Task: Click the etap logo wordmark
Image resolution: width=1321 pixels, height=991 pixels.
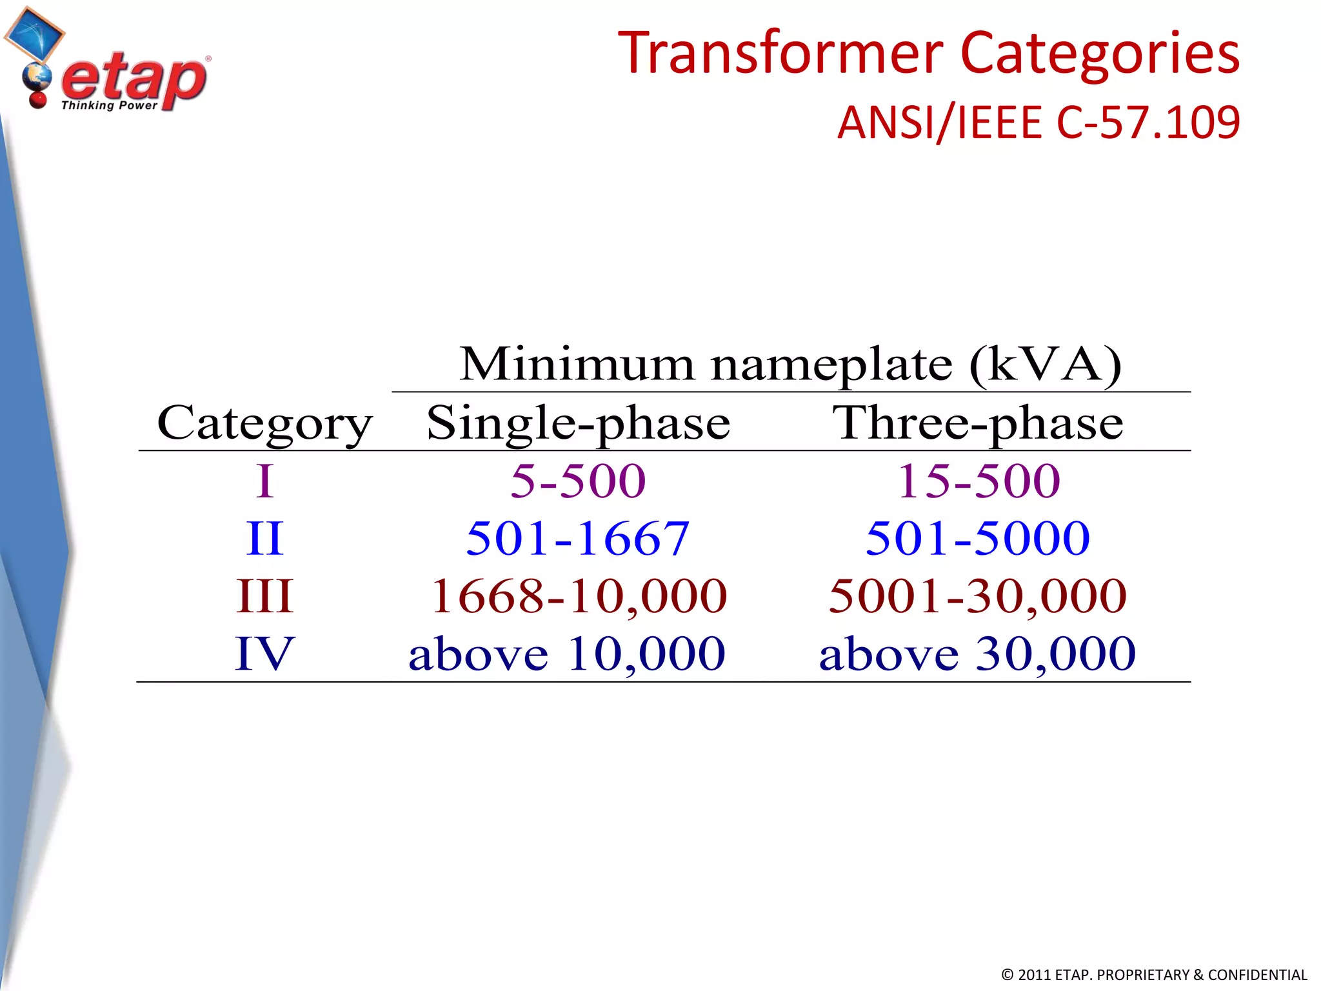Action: (134, 81)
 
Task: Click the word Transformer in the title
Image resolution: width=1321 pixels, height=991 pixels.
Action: (780, 53)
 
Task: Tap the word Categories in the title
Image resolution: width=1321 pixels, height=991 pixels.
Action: (1100, 53)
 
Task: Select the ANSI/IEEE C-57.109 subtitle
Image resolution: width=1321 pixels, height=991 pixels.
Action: (1038, 122)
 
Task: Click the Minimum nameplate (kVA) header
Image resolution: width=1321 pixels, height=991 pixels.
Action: (790, 365)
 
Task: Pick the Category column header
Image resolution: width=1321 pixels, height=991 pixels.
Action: (264, 424)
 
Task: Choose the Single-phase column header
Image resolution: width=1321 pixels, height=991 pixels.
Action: (579, 424)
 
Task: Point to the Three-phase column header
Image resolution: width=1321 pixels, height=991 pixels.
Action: (978, 424)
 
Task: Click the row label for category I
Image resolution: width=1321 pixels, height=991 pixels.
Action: (264, 481)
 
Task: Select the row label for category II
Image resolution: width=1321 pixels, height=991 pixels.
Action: (264, 539)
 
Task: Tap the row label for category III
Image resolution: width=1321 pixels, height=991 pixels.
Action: (264, 596)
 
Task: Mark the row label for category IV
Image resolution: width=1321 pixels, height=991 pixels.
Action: (264, 654)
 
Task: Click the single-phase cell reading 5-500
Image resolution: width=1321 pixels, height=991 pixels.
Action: (579, 481)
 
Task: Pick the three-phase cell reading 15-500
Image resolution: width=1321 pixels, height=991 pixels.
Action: (978, 481)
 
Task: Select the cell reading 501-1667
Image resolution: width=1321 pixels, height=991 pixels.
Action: (578, 539)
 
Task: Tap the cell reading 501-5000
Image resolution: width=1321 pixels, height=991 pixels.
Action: (978, 539)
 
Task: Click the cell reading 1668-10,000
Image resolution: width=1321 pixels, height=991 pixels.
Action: (579, 596)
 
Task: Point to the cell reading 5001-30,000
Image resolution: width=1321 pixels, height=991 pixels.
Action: (978, 596)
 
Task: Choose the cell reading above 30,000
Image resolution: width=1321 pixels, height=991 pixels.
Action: (978, 654)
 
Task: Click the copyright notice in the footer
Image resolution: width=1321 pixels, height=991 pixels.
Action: (1154, 975)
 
